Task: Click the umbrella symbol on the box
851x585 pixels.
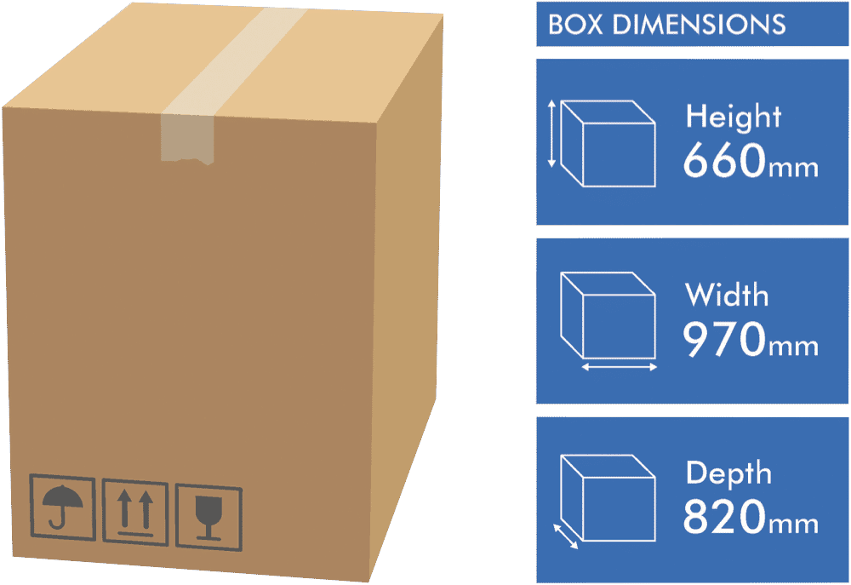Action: (62, 507)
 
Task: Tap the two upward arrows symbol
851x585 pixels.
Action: (135, 513)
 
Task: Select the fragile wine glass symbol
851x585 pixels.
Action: (208, 518)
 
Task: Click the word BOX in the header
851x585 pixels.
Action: (575, 25)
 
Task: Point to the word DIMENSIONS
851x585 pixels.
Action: (699, 25)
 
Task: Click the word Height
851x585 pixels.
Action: (734, 117)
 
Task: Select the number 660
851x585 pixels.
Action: (724, 160)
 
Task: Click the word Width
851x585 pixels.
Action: (727, 295)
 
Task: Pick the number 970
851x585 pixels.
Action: (724, 339)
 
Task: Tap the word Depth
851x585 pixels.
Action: (728, 474)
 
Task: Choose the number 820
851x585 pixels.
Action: (724, 517)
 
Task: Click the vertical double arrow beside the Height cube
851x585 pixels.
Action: (552, 133)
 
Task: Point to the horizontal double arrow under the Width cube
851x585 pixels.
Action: (620, 368)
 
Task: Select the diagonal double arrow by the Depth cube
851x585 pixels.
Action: (566, 536)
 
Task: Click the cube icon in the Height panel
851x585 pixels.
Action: (608, 143)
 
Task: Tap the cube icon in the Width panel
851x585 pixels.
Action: (608, 316)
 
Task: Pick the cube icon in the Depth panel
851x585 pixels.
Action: (608, 498)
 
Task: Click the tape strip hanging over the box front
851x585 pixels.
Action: (187, 139)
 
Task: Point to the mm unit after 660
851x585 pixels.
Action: (793, 169)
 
